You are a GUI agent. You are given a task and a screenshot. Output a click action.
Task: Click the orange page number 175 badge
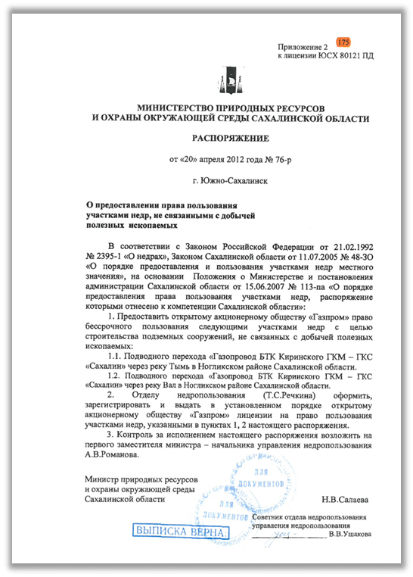343,41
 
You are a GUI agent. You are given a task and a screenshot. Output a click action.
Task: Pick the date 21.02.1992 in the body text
345,248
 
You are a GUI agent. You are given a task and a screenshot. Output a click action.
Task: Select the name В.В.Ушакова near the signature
350,535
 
